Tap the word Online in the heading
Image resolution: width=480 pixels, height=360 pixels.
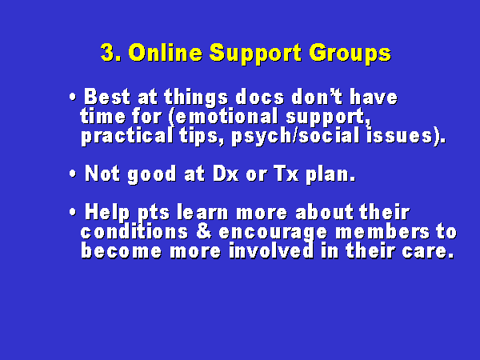coord(166,53)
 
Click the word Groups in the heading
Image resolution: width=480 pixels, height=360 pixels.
coord(350,54)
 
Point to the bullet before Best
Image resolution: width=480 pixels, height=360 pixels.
coord(73,98)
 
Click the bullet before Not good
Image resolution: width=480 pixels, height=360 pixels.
coord(73,174)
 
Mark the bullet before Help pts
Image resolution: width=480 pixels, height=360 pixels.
coord(73,212)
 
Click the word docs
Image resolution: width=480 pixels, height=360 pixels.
coord(260,98)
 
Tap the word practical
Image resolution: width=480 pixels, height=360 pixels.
coord(127,137)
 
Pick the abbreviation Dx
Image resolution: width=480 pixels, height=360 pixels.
coord(226,174)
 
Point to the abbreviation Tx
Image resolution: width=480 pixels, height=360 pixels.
coord(286,174)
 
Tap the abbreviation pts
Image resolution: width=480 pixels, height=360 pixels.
coord(154,214)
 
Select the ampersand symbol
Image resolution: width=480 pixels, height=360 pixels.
coord(203,231)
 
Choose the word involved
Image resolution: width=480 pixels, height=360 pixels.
coord(271,250)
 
